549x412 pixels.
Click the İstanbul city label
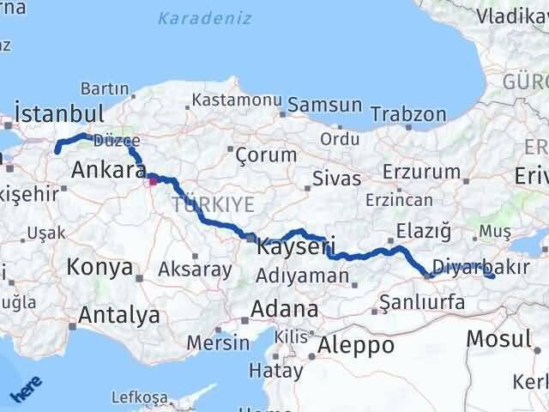click(x=60, y=113)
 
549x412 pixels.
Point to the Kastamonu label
click(x=237, y=100)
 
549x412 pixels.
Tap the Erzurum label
click(x=421, y=171)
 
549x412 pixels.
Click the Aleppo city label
click(x=356, y=345)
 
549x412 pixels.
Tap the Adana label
click(x=283, y=308)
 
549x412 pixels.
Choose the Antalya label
click(x=118, y=315)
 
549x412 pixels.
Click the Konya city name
click(x=100, y=267)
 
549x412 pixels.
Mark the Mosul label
click(x=498, y=338)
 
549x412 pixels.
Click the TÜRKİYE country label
click(x=213, y=204)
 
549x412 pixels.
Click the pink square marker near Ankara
click(x=153, y=180)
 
